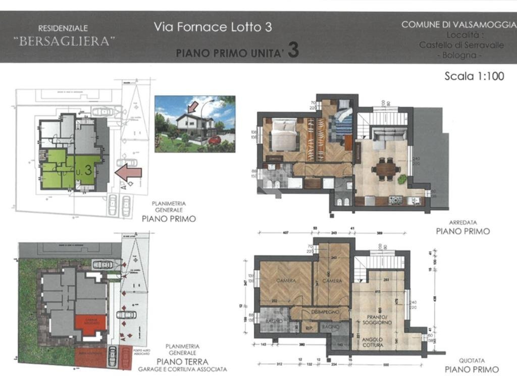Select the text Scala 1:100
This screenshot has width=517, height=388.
pyautogui.click(x=474, y=76)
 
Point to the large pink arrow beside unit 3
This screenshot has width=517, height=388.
pyautogui.click(x=128, y=173)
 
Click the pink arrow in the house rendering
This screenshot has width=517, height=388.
pyautogui.click(x=192, y=107)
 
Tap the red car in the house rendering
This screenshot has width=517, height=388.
pyautogui.click(x=215, y=140)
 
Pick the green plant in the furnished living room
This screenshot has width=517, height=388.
pyautogui.click(x=402, y=179)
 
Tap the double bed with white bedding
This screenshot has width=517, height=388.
pyautogui.click(x=284, y=134)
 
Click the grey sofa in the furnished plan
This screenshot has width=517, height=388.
pyautogui.click(x=387, y=134)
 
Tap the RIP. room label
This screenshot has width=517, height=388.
pyautogui.click(x=310, y=328)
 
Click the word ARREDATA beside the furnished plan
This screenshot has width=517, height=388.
pyautogui.click(x=463, y=222)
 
